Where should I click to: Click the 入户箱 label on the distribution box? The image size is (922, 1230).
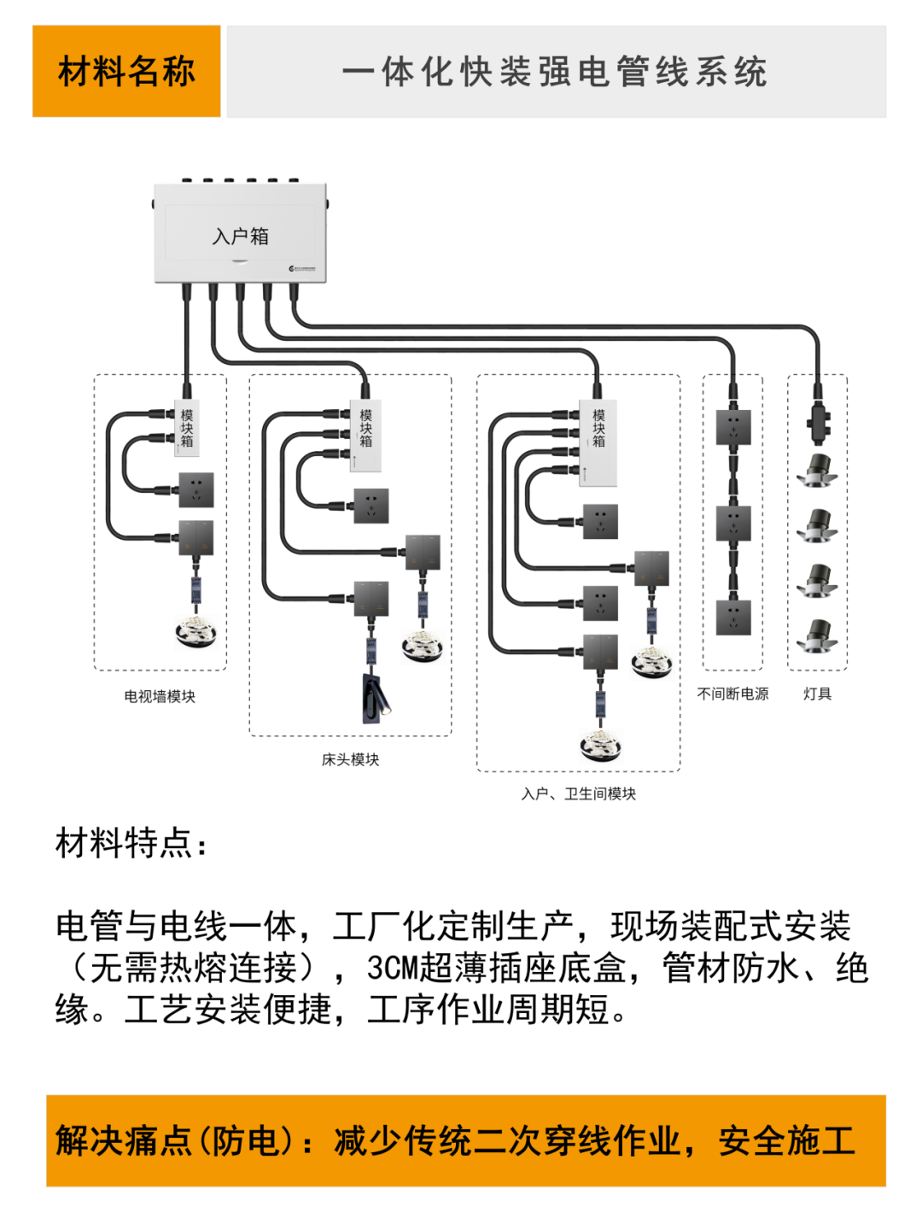(240, 236)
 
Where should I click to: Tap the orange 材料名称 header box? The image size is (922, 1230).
(126, 71)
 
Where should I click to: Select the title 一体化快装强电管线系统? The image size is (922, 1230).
(555, 72)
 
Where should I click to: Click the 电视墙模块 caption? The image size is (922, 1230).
(160, 696)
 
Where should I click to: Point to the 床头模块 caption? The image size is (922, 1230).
(350, 759)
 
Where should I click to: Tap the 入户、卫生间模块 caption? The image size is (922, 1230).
(578, 794)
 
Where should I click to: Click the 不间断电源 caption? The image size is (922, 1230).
(732, 694)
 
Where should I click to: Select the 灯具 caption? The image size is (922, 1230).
(817, 694)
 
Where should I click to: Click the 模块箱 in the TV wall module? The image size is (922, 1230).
(186, 428)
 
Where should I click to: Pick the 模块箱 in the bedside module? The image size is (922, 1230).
(365, 434)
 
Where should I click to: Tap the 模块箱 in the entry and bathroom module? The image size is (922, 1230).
(598, 441)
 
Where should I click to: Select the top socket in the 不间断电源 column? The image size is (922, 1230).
(733, 428)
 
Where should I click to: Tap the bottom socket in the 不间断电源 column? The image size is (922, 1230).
(733, 617)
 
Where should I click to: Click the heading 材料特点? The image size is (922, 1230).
(131, 843)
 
